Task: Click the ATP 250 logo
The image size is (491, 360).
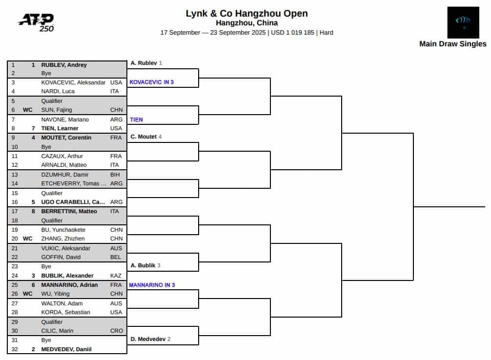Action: click(x=36, y=22)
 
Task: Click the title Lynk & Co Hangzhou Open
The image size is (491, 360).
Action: click(x=247, y=14)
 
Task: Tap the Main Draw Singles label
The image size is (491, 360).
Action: click(x=453, y=44)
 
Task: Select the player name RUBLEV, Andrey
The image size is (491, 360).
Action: click(x=64, y=65)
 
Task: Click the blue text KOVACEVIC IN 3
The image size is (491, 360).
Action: click(x=152, y=82)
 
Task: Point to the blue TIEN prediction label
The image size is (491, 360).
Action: click(x=136, y=120)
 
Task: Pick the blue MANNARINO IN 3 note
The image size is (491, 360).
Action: click(x=152, y=285)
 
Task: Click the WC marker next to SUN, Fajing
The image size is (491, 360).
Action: click(x=27, y=110)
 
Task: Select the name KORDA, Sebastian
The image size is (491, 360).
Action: click(x=65, y=312)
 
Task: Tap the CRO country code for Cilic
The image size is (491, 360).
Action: click(x=117, y=331)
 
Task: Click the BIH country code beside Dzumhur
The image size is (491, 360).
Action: click(x=115, y=174)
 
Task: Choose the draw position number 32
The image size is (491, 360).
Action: click(x=15, y=349)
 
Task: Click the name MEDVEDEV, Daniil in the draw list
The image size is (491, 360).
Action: click(x=66, y=349)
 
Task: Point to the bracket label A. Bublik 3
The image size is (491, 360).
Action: click(x=145, y=265)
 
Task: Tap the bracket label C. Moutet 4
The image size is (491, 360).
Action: click(x=146, y=137)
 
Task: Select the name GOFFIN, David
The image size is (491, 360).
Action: click(x=61, y=257)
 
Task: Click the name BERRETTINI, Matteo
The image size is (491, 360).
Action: click(x=69, y=211)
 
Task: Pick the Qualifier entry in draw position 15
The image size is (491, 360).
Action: click(x=52, y=193)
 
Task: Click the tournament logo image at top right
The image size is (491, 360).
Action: click(x=463, y=22)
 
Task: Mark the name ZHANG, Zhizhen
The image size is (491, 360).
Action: click(x=63, y=239)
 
